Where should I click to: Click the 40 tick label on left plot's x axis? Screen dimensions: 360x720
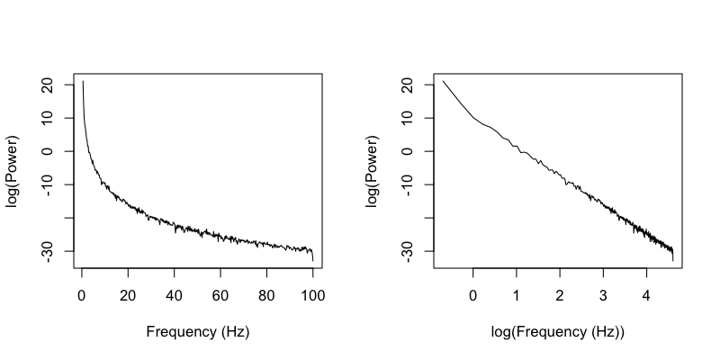(175, 293)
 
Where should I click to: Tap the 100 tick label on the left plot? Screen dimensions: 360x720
(312, 293)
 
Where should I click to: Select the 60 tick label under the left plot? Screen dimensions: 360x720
(220, 293)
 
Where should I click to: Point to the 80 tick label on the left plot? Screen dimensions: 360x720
(266, 293)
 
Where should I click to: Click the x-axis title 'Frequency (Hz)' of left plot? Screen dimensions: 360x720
(197, 331)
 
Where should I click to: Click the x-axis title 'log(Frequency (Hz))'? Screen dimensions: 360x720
(557, 331)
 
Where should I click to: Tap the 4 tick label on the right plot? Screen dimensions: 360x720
(646, 293)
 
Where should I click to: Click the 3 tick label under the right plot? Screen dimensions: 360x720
(603, 293)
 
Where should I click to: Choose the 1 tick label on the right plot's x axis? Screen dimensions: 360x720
(516, 293)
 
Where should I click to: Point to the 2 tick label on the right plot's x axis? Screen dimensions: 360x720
(560, 293)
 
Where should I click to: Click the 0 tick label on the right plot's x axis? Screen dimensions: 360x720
(472, 293)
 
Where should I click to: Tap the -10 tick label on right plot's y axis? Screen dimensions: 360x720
(405, 184)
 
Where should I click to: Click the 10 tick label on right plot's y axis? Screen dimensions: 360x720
(405, 118)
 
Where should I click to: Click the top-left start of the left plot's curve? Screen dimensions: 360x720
(83, 82)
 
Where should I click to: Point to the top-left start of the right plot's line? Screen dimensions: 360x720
(443, 82)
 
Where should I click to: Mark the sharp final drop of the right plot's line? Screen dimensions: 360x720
(672, 256)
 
